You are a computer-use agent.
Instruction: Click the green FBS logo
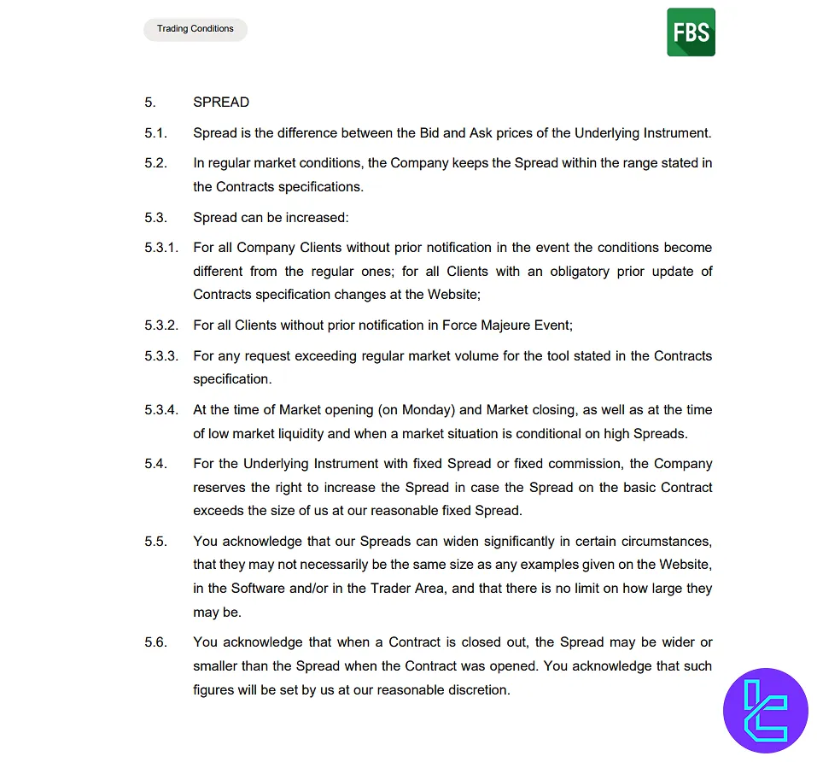tap(691, 32)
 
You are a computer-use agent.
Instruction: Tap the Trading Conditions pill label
tap(195, 29)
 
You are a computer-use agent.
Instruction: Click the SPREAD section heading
tap(221, 103)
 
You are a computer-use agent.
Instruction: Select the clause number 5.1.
tap(155, 133)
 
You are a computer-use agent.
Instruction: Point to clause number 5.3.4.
tap(161, 410)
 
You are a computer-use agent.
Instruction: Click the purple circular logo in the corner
tap(765, 710)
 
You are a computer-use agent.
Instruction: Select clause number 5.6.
tap(155, 642)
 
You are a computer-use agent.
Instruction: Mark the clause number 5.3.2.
tap(161, 325)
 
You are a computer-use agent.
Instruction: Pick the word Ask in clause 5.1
tap(482, 133)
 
